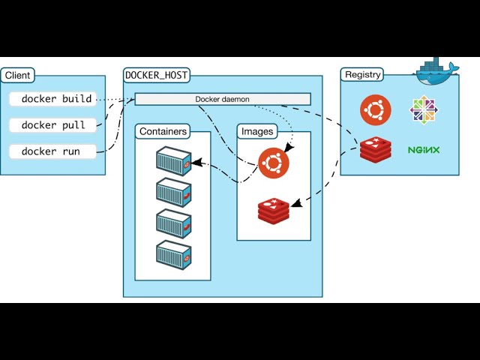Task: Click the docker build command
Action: (56, 99)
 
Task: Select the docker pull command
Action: (53, 125)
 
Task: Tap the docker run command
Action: (50, 151)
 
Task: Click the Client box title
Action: (17, 75)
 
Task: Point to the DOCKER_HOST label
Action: (157, 75)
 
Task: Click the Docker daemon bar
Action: (222, 99)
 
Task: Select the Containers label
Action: (163, 132)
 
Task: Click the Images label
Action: (256, 132)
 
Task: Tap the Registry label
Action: (363, 75)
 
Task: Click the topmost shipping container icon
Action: (173, 160)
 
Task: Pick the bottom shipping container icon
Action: (173, 253)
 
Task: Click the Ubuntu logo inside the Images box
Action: (273, 161)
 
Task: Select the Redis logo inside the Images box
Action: (274, 210)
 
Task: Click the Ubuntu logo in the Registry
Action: (375, 110)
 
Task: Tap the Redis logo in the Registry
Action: (375, 149)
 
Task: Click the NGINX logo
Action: (424, 149)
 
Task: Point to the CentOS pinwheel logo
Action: (424, 110)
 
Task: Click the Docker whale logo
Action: (437, 72)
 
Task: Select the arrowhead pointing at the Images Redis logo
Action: (295, 203)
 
